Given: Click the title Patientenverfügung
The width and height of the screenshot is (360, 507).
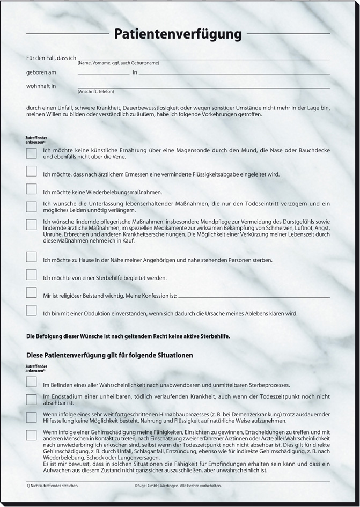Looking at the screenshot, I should pos(178,34).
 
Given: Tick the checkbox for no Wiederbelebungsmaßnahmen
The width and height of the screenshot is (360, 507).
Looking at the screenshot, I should pos(32,189).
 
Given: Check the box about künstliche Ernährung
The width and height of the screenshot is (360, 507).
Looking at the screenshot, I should pos(32,153).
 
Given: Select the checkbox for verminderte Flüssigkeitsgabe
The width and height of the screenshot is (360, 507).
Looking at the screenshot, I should pos(32,172).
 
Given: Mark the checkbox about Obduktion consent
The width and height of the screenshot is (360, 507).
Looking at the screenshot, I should pos(32,311).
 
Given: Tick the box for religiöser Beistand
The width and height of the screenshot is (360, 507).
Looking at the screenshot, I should pos(32,293).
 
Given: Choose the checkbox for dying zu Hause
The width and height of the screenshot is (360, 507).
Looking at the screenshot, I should pos(32,257).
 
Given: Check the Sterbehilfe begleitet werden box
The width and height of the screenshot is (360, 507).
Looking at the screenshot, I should pos(32,275).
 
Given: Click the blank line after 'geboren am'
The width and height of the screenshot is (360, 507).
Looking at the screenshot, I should pos(103,73).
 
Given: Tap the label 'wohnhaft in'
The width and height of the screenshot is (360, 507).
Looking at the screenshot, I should pos(41,86).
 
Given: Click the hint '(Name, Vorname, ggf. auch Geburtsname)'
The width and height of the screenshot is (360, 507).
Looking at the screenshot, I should pos(118,63).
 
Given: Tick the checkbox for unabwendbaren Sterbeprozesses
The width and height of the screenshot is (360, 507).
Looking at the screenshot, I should pos(32,382).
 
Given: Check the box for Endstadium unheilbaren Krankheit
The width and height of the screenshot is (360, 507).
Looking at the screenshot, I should pos(32,399).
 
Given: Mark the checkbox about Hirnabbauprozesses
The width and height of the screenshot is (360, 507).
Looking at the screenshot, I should pos(32,417).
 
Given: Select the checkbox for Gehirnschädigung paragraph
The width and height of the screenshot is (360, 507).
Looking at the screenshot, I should pos(32,435).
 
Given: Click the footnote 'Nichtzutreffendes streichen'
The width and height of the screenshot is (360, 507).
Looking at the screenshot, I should pos(53,485).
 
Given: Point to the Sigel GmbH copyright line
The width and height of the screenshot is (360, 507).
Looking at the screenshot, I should pos(178,485).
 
